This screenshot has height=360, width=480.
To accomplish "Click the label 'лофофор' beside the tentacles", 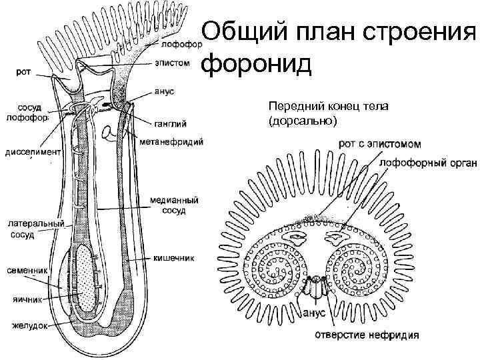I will (179, 46).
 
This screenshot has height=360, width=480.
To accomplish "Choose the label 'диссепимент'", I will (33, 151).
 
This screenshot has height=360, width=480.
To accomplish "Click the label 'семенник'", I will (27, 271).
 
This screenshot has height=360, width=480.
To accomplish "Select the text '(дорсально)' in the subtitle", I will (303, 120).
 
